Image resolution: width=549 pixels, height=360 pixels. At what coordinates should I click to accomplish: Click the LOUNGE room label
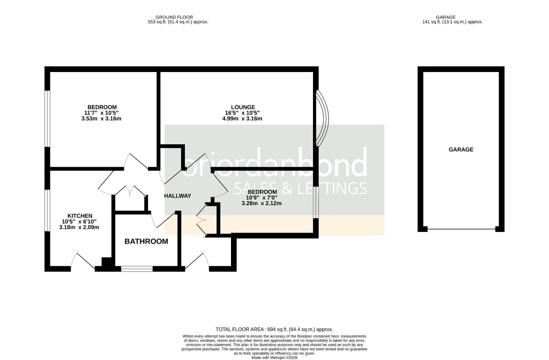pyautogui.click(x=243, y=107)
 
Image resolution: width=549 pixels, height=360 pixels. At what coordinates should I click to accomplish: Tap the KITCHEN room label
pyautogui.click(x=80, y=216)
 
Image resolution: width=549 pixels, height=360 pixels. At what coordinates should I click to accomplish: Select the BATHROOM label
pyautogui.click(x=146, y=241)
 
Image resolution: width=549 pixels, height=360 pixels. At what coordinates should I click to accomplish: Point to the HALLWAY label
pyautogui.click(x=177, y=196)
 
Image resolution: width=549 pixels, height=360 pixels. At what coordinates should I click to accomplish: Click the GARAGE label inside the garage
pyautogui.click(x=461, y=149)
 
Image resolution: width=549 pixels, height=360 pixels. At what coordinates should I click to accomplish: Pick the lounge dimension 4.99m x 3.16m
pyautogui.click(x=242, y=119)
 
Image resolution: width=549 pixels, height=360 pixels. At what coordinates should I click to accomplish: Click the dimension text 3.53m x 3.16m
pyautogui.click(x=101, y=119)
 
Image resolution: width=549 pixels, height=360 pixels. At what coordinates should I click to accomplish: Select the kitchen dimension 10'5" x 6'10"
pyautogui.click(x=79, y=222)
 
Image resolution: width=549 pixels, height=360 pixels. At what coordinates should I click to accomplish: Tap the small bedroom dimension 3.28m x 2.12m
pyautogui.click(x=262, y=203)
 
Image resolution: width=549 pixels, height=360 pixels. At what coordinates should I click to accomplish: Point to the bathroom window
pyautogui.click(x=137, y=269)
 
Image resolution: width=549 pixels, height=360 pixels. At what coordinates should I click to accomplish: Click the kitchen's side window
pyautogui.click(x=47, y=210)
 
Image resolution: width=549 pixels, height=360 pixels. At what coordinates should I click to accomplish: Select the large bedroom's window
pyautogui.click(x=47, y=119)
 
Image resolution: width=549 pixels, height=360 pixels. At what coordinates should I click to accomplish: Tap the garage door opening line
pyautogui.click(x=461, y=229)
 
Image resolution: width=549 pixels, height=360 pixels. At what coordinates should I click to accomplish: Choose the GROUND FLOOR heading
pyautogui.click(x=174, y=17)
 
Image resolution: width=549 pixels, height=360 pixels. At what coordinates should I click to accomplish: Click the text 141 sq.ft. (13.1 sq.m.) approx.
pyautogui.click(x=452, y=22)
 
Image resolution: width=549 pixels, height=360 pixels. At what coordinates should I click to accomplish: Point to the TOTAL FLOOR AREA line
pyautogui.click(x=274, y=329)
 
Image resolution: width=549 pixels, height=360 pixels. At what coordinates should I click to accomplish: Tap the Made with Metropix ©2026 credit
pyautogui.click(x=275, y=358)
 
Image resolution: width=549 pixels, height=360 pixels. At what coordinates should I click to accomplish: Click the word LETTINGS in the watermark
pyautogui.click(x=332, y=188)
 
